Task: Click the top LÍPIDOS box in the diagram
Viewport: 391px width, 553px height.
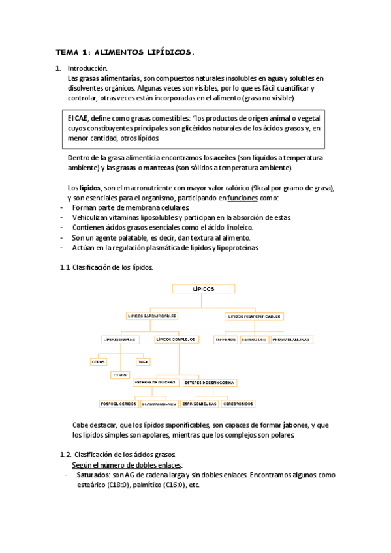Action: (x=203, y=288)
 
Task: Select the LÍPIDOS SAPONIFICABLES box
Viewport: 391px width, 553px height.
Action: (x=152, y=316)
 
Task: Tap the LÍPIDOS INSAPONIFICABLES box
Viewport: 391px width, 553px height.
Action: (x=255, y=316)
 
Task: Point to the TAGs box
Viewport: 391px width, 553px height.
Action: (x=142, y=361)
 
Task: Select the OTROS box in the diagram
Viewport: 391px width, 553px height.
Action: (x=120, y=375)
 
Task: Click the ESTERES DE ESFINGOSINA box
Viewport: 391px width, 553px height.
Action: (x=210, y=382)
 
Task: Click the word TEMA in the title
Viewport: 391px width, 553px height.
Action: (x=66, y=52)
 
